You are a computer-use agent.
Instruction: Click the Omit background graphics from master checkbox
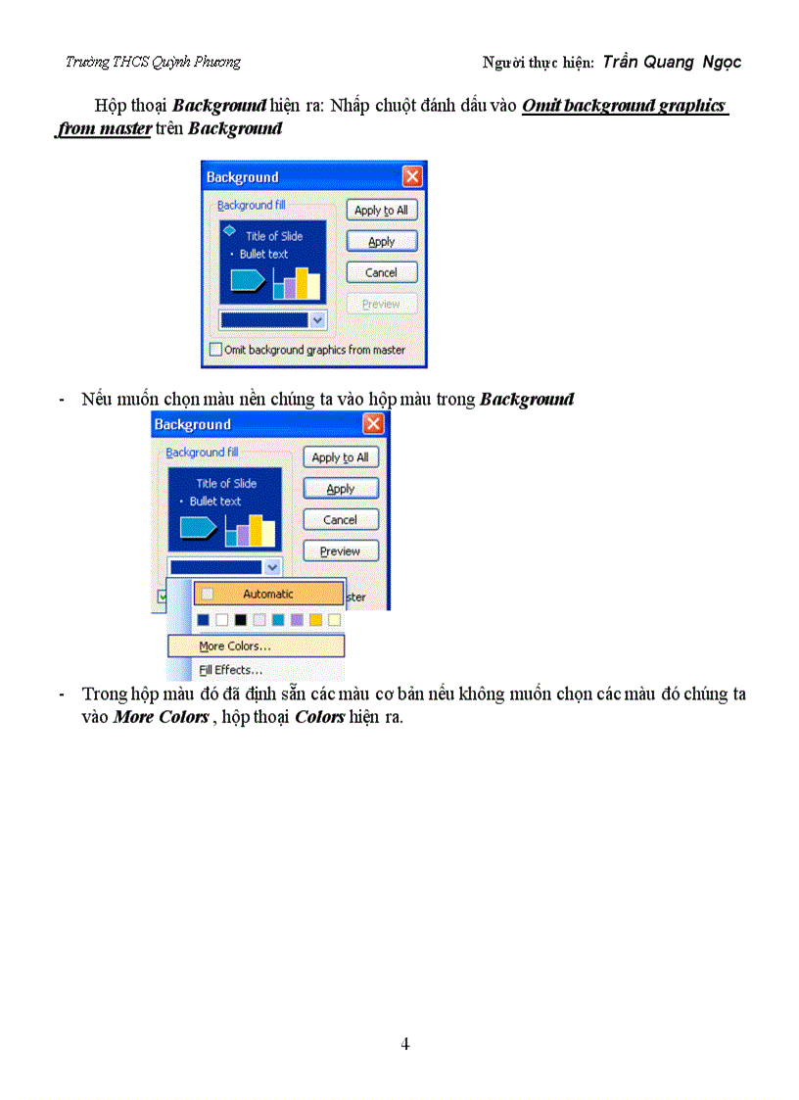[x=216, y=350]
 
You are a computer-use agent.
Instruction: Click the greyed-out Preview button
[x=381, y=304]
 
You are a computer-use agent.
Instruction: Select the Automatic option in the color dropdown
[x=268, y=594]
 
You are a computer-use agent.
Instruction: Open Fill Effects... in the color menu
[x=231, y=671]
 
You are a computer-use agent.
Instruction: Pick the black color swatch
[x=241, y=620]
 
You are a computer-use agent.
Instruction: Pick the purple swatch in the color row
[x=297, y=620]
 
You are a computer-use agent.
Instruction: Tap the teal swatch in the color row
[x=278, y=620]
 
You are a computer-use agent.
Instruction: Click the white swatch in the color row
[x=222, y=620]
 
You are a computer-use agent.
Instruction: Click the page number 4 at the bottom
[x=404, y=1044]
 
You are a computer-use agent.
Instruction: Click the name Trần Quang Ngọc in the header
[x=672, y=62]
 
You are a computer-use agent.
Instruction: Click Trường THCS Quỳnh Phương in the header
[x=153, y=62]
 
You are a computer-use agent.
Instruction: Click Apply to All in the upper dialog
[x=381, y=211]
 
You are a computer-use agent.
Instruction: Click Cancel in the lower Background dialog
[x=340, y=520]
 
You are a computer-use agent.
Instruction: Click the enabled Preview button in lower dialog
[x=340, y=551]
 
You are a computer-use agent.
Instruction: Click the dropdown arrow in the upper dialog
[x=316, y=319]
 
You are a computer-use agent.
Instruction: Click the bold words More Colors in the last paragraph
[x=161, y=717]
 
